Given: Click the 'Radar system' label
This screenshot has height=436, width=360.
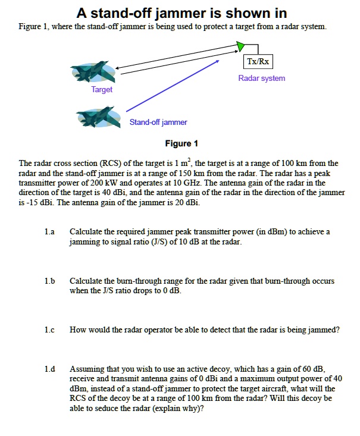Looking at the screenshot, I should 261,78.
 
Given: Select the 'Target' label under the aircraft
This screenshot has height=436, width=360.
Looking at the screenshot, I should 102,89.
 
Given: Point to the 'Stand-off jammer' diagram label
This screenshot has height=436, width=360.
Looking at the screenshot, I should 158,122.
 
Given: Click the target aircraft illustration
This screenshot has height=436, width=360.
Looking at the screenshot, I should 92,72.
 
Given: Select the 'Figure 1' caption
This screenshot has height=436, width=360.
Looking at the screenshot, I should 181,143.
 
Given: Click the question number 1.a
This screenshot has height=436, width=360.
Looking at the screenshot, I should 50,231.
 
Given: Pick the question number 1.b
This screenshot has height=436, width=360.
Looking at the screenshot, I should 50,281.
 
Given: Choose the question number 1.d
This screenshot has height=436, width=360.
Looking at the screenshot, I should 50,369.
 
